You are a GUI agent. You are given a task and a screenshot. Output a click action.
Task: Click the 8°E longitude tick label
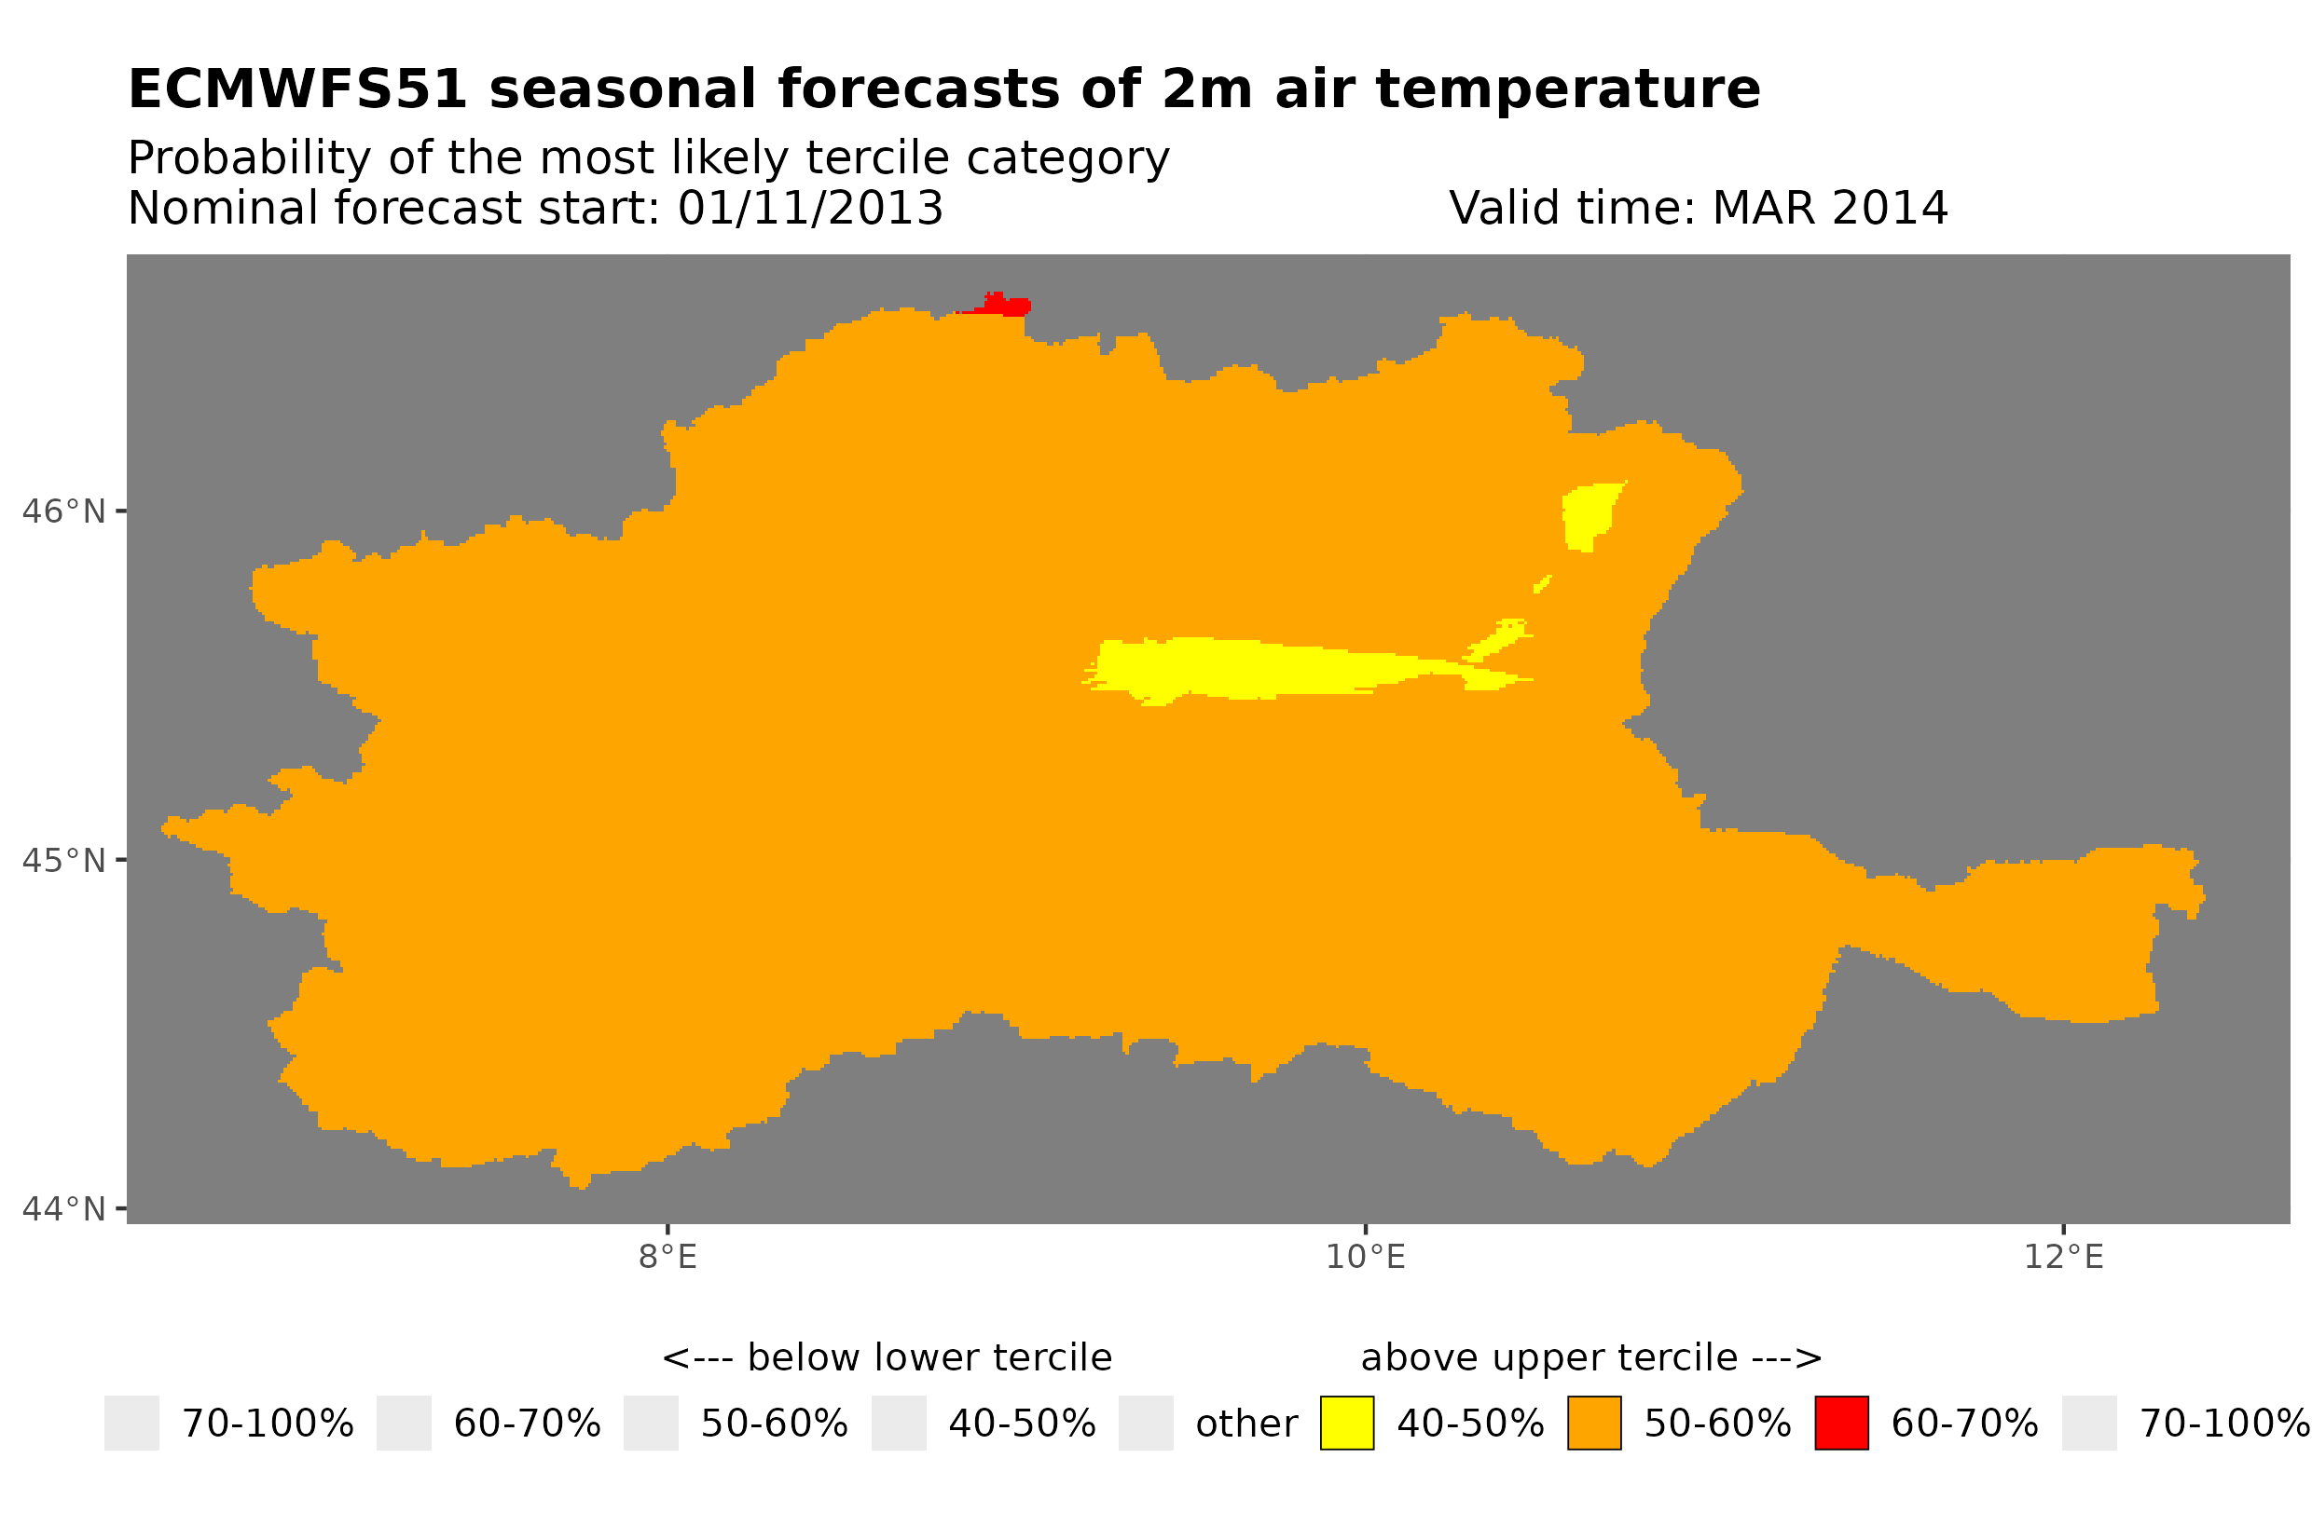(667, 1257)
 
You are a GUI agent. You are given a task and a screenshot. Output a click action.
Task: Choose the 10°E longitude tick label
(1365, 1257)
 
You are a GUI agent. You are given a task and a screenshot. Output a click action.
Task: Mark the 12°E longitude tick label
(2062, 1257)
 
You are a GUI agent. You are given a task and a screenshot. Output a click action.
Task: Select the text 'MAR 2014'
(1828, 208)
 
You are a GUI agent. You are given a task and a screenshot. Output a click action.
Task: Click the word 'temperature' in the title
(1566, 89)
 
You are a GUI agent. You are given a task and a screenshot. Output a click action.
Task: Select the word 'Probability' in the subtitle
(250, 158)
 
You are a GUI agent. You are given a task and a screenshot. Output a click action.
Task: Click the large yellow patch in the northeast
(1586, 513)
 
